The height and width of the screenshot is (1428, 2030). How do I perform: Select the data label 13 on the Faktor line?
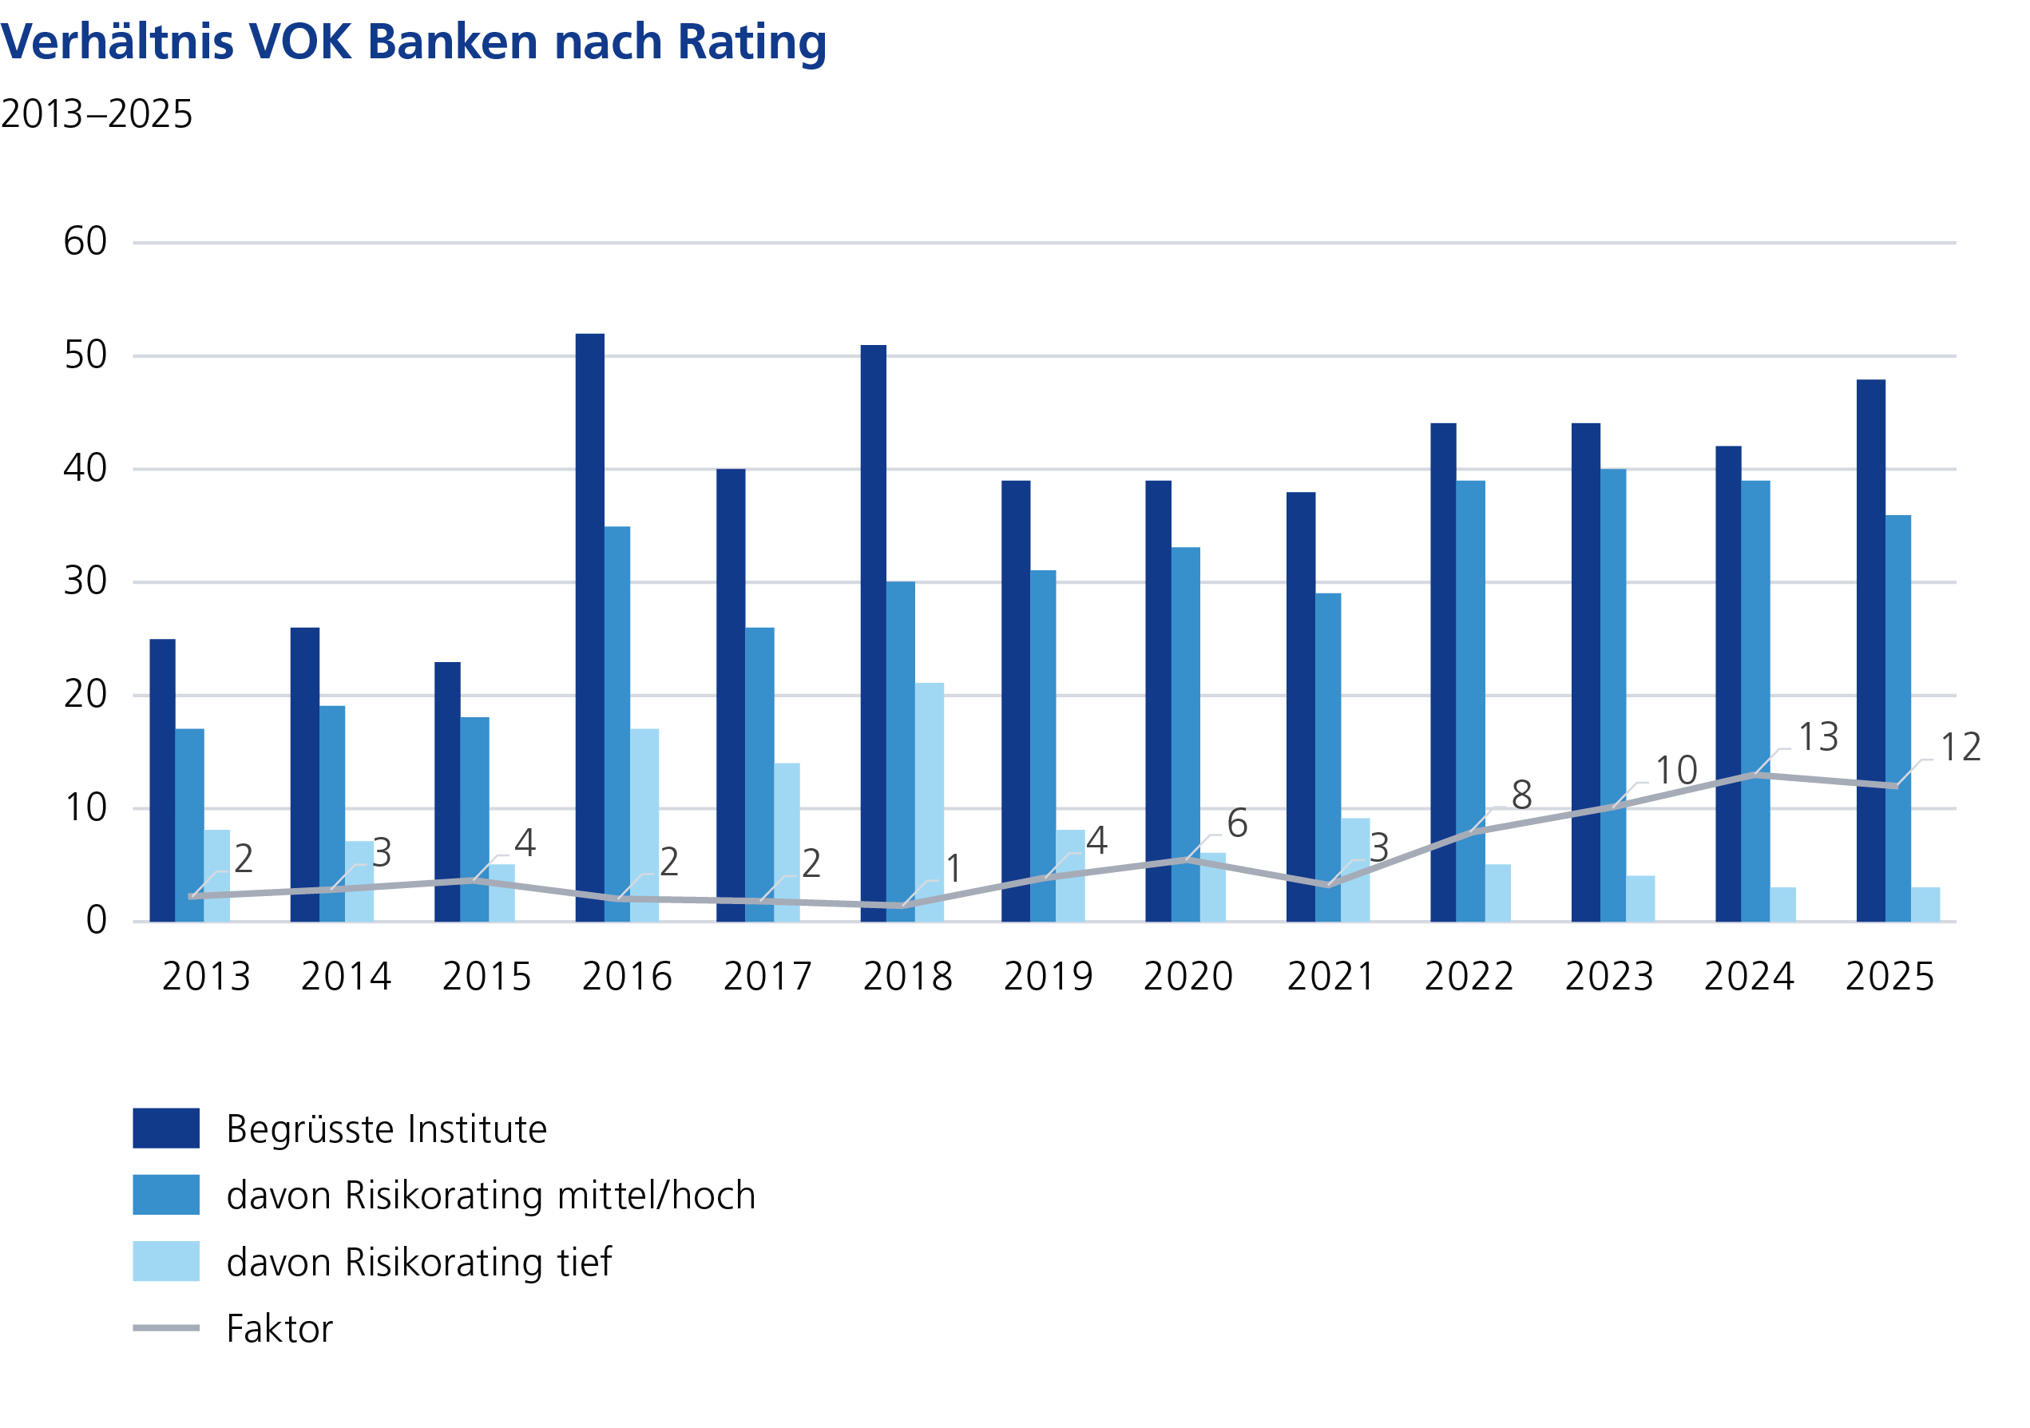pyautogui.click(x=1818, y=737)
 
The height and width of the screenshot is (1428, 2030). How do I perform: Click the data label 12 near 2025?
pyautogui.click(x=1961, y=748)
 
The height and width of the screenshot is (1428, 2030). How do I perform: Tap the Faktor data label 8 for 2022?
pyautogui.click(x=1521, y=795)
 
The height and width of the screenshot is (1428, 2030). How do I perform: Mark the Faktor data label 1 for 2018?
pyautogui.click(x=954, y=869)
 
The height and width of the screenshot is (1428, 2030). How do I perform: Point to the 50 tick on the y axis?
pyautogui.click(x=85, y=355)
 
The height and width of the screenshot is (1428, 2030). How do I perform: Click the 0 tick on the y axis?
pyautogui.click(x=97, y=921)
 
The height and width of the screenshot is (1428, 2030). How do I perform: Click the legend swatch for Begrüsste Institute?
pyautogui.click(x=166, y=1129)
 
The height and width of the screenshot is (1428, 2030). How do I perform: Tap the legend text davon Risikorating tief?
pyautogui.click(x=418, y=1262)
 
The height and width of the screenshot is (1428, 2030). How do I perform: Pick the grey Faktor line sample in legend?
pyautogui.click(x=166, y=1328)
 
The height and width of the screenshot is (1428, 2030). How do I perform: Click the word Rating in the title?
pyautogui.click(x=751, y=42)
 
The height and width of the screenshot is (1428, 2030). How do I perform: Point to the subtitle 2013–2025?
pyautogui.click(x=97, y=114)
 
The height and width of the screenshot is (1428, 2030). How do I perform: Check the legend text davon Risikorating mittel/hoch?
pyautogui.click(x=490, y=1196)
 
